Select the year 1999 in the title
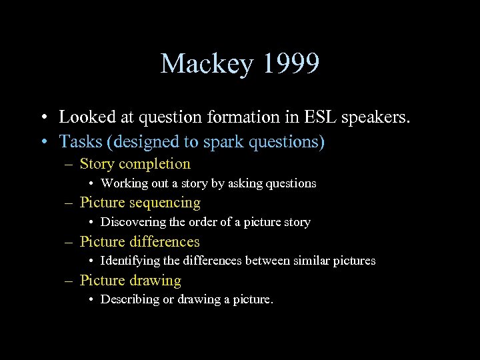click(291, 64)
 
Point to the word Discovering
click(129, 222)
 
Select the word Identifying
click(127, 261)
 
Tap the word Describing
click(127, 299)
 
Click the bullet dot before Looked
click(43, 118)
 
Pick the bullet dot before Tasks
click(43, 142)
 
